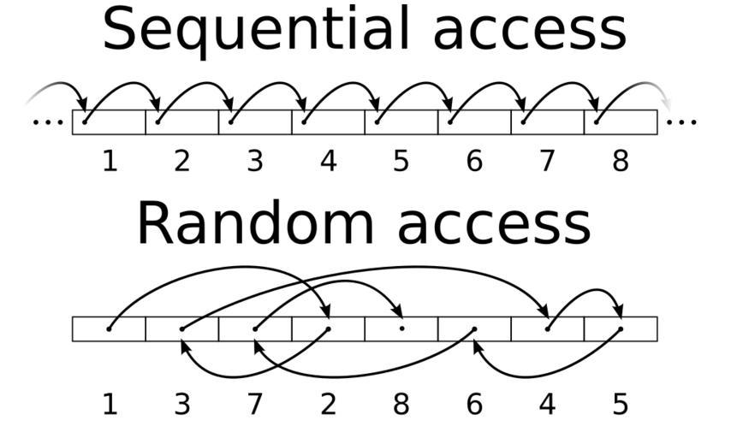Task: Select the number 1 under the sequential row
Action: pos(109,160)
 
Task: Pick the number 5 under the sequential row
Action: pos(401,160)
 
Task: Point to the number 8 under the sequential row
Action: pos(621,160)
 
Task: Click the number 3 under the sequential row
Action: pos(255,160)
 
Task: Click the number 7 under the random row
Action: pos(255,403)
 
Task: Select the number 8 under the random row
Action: pos(401,403)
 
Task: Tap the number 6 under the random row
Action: pos(474,403)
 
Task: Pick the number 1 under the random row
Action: pos(109,403)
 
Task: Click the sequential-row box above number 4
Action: pos(328,122)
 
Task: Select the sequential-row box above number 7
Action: pos(547,122)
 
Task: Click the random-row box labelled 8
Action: pos(401,329)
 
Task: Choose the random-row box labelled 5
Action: pos(621,329)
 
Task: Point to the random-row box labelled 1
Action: pos(109,329)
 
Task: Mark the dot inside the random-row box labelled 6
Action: pos(474,328)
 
